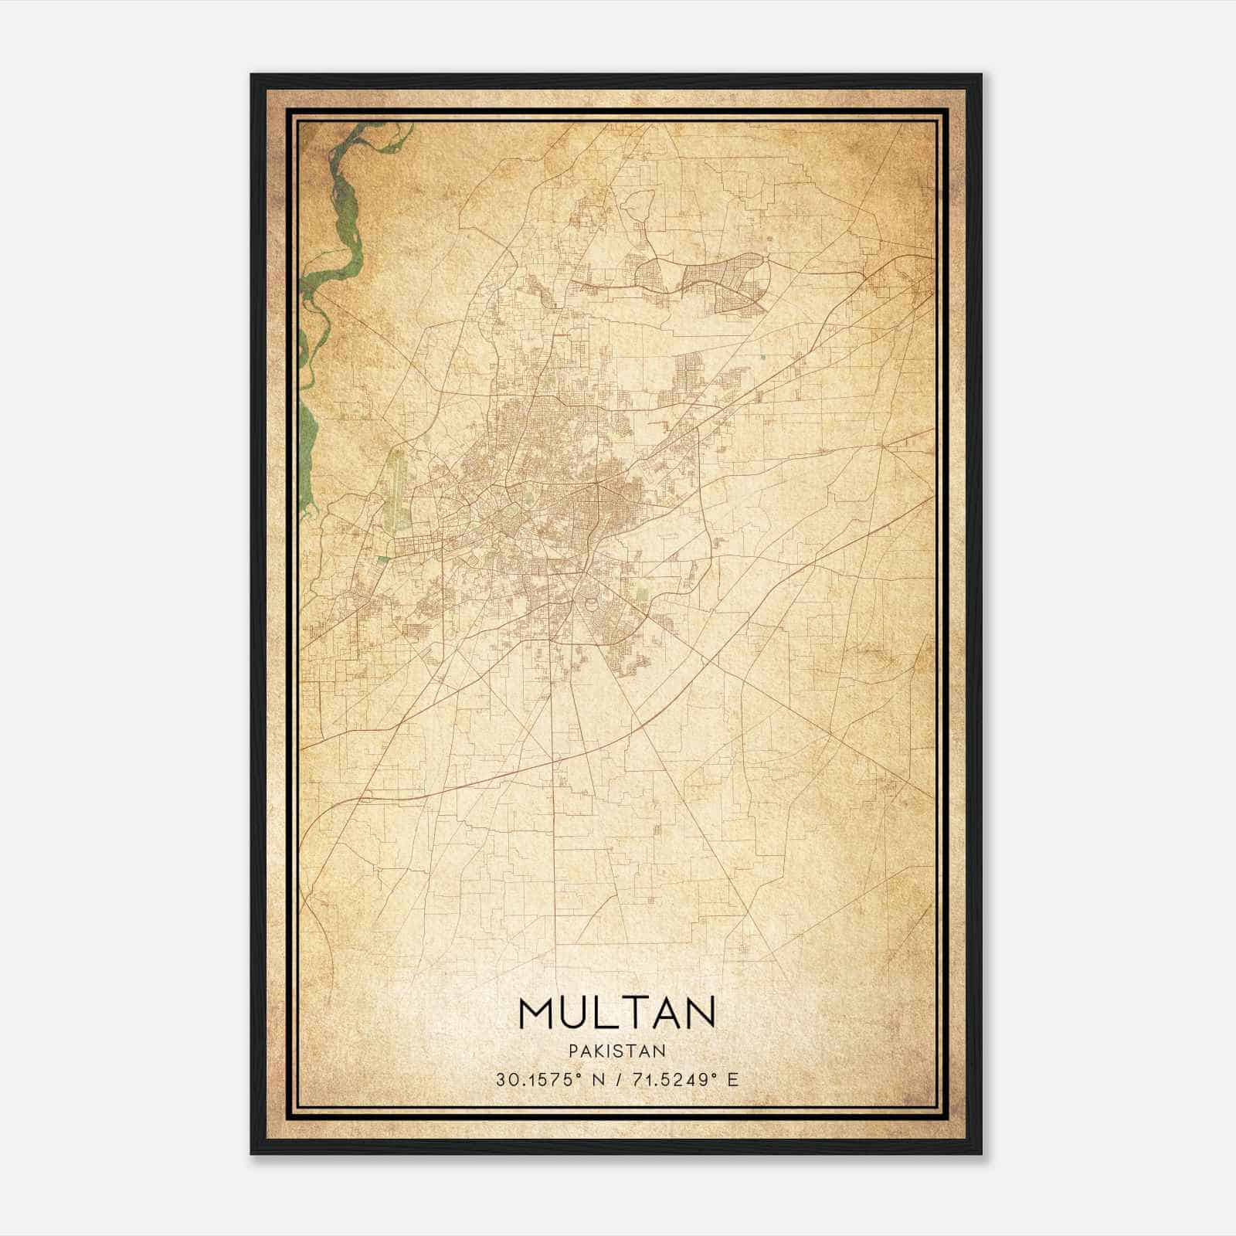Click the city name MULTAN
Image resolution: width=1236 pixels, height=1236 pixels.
617,1013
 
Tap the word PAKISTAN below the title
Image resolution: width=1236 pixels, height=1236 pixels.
617,1051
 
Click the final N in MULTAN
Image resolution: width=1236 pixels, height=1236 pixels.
700,1013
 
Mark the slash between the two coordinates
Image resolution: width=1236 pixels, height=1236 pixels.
616,1079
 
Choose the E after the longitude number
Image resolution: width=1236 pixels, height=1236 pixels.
733,1079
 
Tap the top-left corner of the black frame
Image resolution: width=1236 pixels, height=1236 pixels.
253,76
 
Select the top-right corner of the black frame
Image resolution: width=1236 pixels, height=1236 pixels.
980,76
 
